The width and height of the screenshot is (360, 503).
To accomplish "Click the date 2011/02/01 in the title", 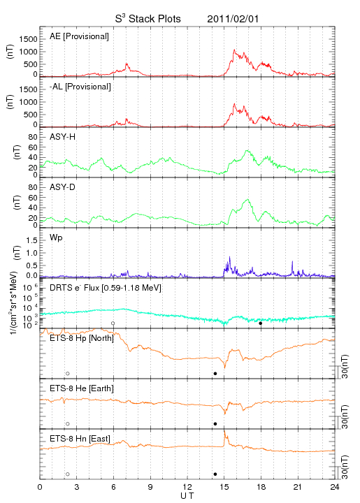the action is pos(233,19).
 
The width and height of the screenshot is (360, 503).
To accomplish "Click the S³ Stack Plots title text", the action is pos(148,19).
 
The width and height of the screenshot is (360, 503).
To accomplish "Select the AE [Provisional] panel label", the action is pos(79,36).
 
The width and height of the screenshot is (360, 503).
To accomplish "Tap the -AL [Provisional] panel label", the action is pos(80,87).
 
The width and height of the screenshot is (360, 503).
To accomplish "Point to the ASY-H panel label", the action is pos(63,137).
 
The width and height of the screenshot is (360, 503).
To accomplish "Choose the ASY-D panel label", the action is pos(63,187).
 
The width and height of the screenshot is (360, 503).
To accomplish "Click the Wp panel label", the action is pos(56,238).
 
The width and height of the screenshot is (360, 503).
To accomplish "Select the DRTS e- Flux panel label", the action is pos(106,288).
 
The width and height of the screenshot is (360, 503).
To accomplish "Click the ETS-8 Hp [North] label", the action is pos(82,338).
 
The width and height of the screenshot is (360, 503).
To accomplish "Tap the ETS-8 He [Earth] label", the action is pos(82,388).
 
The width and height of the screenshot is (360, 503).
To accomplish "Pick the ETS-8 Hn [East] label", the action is pos(80,439).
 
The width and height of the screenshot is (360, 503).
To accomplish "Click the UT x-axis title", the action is pos(187,496).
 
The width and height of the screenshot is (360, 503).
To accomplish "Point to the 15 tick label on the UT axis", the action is pos(224,487).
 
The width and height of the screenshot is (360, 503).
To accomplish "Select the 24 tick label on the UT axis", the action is pos(335,487).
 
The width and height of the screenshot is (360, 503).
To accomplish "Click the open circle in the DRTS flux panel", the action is pos(113,323).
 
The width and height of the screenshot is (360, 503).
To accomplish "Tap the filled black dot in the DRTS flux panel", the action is pos(261,323).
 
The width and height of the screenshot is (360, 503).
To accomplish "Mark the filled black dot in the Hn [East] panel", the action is pos(215,474).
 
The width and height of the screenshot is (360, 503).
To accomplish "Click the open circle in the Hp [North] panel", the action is pos(68,374).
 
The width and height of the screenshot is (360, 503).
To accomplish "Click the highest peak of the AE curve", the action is pos(234,50).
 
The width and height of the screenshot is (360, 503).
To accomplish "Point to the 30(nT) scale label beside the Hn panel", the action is pos(345,467).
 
